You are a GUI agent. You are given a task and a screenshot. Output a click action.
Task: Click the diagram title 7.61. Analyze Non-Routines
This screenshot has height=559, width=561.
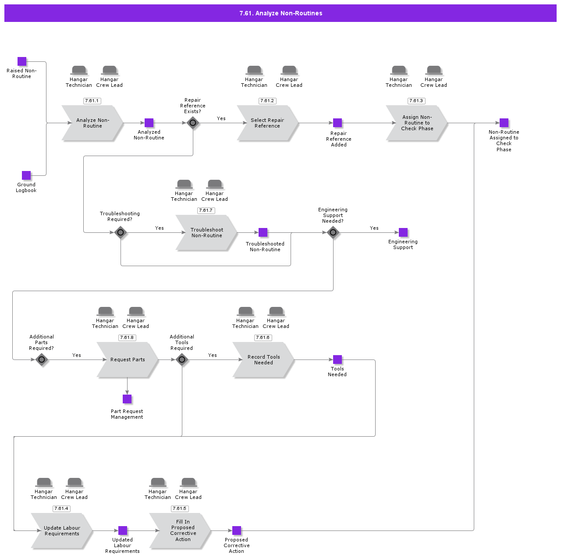(x=280, y=13)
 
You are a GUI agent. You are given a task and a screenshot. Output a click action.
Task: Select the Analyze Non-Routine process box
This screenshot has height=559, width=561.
(x=92, y=123)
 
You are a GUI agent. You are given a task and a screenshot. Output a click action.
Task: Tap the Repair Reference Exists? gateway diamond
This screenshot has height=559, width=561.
(x=193, y=123)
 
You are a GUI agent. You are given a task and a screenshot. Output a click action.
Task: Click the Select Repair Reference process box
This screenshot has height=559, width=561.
(x=267, y=123)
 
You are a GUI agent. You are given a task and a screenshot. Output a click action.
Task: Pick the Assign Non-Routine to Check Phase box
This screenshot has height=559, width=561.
(x=417, y=123)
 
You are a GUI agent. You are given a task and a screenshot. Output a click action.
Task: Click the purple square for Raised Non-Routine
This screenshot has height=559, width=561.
(x=22, y=61)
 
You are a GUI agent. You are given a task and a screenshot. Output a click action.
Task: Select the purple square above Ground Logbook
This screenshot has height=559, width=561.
(x=26, y=175)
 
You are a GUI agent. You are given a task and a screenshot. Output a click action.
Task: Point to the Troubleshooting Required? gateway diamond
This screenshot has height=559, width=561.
(x=121, y=232)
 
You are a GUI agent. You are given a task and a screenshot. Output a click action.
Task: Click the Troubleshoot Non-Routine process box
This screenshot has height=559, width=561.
(x=206, y=233)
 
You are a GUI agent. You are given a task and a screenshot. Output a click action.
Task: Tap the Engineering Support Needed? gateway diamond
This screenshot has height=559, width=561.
(x=333, y=232)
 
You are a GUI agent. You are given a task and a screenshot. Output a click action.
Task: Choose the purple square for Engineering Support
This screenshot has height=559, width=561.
(x=403, y=232)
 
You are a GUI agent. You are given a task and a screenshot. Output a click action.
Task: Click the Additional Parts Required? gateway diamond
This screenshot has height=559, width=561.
(x=42, y=360)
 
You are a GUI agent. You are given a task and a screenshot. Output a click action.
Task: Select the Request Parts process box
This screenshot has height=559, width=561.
(x=128, y=360)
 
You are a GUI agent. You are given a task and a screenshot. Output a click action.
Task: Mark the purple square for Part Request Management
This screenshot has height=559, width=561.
(x=127, y=399)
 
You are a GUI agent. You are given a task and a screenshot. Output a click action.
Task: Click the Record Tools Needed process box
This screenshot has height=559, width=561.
(x=263, y=360)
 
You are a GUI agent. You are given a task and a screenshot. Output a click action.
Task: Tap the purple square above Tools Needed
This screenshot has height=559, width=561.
(x=337, y=360)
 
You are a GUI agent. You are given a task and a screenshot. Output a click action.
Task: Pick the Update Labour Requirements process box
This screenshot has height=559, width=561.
(x=62, y=531)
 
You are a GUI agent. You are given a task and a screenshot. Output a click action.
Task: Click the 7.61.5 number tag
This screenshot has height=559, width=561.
(x=179, y=509)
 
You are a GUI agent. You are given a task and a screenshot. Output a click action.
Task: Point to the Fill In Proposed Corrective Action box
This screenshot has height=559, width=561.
(x=183, y=531)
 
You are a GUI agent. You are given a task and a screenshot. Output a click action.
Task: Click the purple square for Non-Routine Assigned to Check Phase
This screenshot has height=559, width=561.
(x=504, y=123)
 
